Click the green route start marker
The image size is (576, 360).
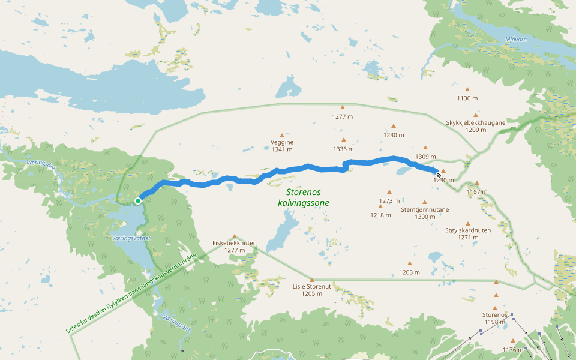[x=138, y=201]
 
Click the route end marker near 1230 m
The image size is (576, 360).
[x=439, y=175]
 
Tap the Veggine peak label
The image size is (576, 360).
[x=282, y=142]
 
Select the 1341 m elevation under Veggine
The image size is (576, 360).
[x=282, y=149]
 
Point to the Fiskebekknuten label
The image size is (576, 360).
[x=235, y=243]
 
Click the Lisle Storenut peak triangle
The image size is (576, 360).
[x=312, y=280]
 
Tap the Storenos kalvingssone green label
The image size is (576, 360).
[x=304, y=197]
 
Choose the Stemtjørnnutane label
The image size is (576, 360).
[x=425, y=209]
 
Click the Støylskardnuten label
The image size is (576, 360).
[x=468, y=230]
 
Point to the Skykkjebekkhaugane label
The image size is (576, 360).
[x=476, y=123]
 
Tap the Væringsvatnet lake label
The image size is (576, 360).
[x=131, y=238]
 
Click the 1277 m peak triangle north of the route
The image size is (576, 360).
[x=343, y=107]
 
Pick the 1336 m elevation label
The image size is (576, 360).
[x=344, y=149]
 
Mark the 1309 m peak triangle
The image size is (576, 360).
[x=425, y=147]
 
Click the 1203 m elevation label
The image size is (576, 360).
[x=410, y=272]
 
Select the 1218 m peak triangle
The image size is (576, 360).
[x=380, y=206]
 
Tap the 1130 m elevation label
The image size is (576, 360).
[x=467, y=98]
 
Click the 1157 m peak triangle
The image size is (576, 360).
[x=477, y=183]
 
